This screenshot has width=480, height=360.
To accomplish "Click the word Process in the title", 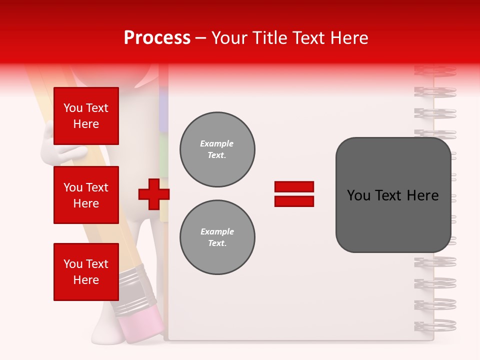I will pos(157,38).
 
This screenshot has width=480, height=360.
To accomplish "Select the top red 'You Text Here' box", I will pos(86,116).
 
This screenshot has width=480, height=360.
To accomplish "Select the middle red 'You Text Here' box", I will pos(86,195).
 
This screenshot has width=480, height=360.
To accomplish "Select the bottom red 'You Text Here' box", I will pos(86,272).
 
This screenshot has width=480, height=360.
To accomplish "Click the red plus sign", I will pos(153,194).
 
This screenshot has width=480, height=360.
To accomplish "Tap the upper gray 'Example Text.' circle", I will pos(217,149).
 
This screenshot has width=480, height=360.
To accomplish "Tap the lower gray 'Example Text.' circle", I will pos(217,237).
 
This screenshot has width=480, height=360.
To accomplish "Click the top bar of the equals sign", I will pos(294,186).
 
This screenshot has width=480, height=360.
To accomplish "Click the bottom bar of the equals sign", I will pos(294,201).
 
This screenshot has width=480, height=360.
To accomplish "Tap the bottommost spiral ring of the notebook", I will pos(435,325).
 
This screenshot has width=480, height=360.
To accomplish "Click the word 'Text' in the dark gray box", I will pos(392,195).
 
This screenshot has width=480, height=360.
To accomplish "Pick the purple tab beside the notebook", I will pos(163,105).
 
